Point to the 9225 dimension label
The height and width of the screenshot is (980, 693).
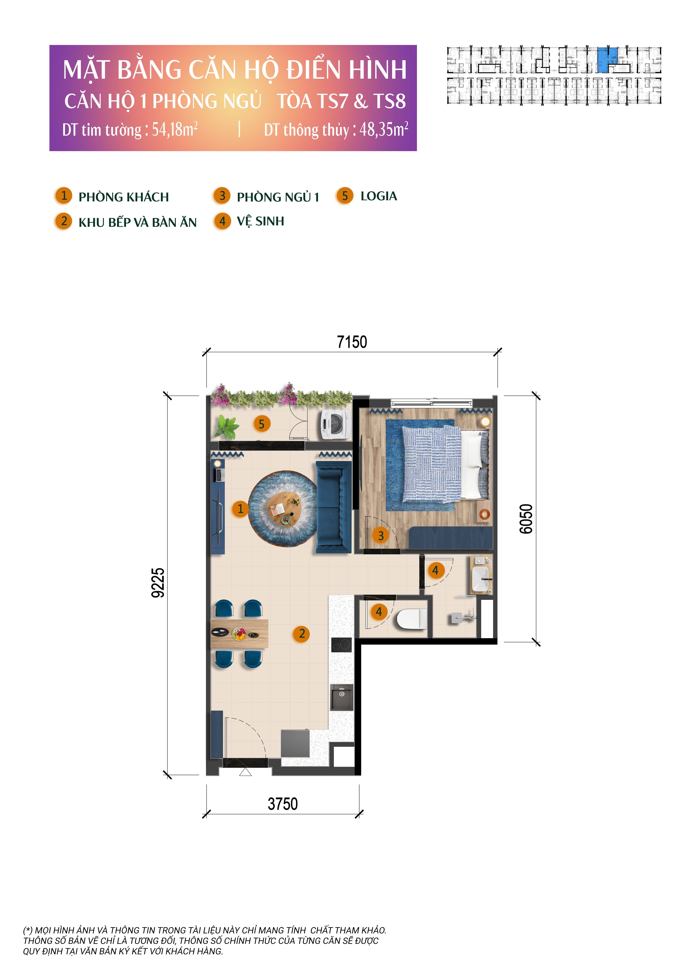(158, 583)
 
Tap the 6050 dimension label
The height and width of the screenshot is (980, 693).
(526, 519)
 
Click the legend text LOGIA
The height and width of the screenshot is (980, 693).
(379, 196)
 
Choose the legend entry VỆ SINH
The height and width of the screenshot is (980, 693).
(260, 221)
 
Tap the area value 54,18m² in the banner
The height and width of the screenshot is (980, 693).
(175, 129)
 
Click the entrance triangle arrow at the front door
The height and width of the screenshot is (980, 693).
(245, 772)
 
